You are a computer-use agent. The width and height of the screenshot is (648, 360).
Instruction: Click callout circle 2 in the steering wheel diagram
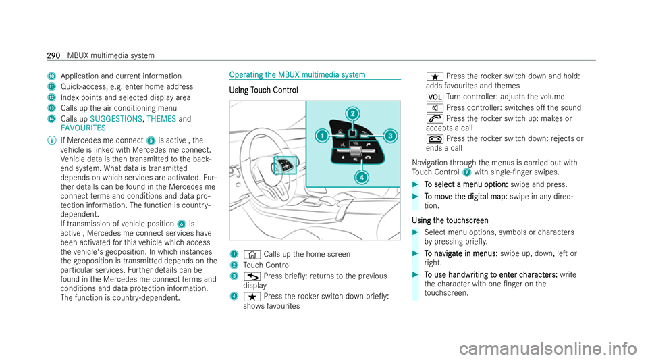click(352, 113)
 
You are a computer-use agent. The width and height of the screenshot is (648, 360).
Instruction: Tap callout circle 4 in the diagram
click(361, 178)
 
